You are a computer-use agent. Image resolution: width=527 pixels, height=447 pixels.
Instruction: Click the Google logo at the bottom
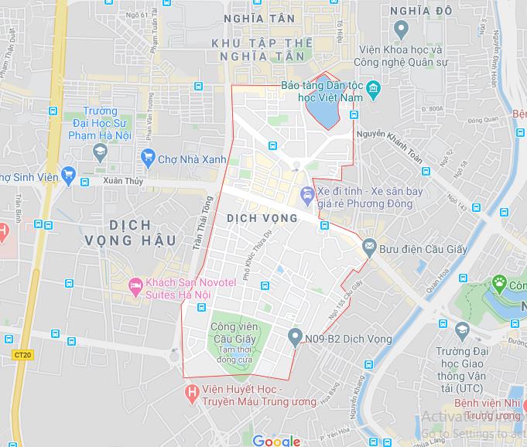click(275, 441)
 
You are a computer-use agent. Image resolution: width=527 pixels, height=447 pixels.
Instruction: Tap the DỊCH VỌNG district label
click(262, 218)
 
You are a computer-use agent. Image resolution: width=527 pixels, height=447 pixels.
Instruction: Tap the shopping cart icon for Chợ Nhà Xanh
click(147, 159)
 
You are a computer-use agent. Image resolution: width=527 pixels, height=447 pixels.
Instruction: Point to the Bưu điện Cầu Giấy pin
click(368, 248)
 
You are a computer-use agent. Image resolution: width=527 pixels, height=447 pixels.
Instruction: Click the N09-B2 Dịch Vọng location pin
click(294, 337)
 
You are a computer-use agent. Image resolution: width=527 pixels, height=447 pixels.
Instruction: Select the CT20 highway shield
click(22, 355)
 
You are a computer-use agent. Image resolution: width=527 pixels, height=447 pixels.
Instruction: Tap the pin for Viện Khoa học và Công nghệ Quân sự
click(400, 31)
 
